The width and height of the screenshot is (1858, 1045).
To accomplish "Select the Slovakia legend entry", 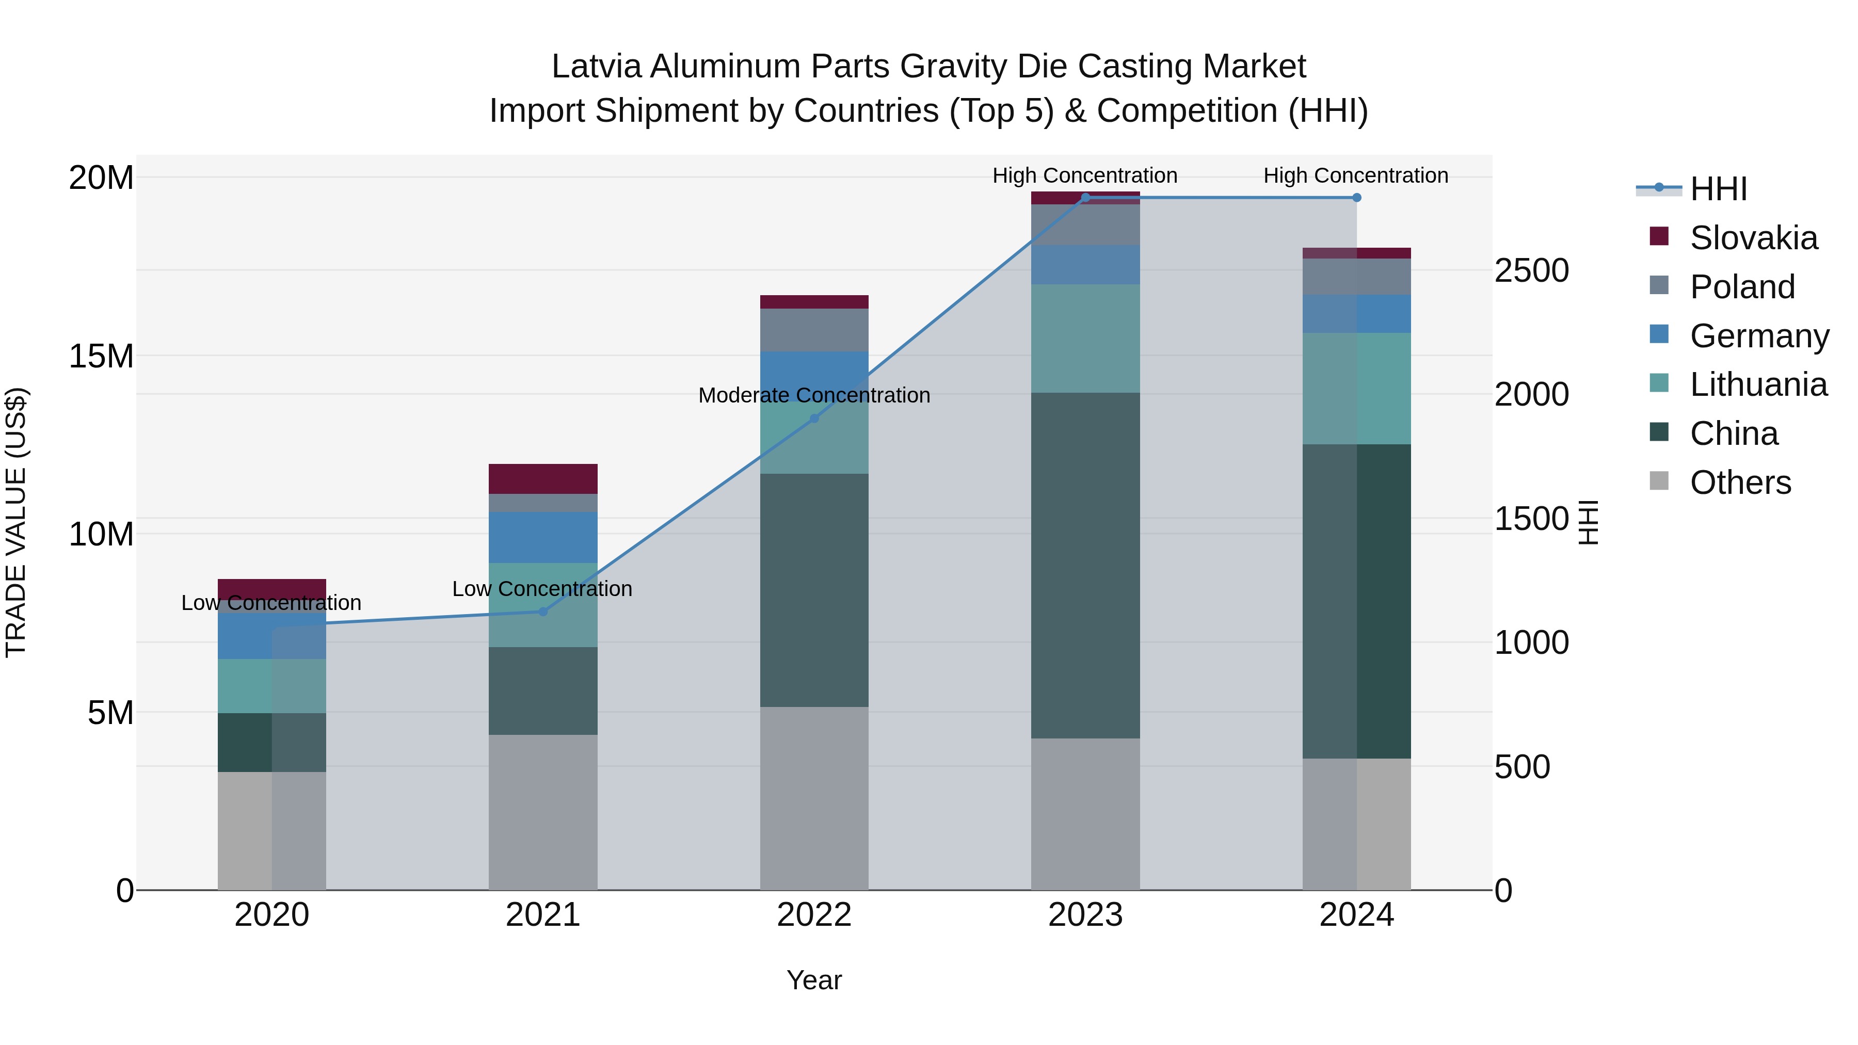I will [1753, 238].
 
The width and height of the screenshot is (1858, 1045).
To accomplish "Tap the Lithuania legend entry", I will [1758, 385].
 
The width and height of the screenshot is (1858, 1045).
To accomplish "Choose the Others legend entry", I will [1740, 483].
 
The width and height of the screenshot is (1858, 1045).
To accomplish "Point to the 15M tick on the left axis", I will [101, 356].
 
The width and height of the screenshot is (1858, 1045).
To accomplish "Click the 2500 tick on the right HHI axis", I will [1531, 271].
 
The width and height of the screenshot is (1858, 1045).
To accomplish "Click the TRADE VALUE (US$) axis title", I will [16, 522].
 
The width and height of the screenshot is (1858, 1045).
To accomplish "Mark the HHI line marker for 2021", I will [543, 612].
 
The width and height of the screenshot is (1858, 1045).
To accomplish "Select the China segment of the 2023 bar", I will [1085, 566].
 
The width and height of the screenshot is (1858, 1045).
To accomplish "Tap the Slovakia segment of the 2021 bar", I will [543, 479].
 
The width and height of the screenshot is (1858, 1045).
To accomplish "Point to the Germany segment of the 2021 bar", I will [543, 537].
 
